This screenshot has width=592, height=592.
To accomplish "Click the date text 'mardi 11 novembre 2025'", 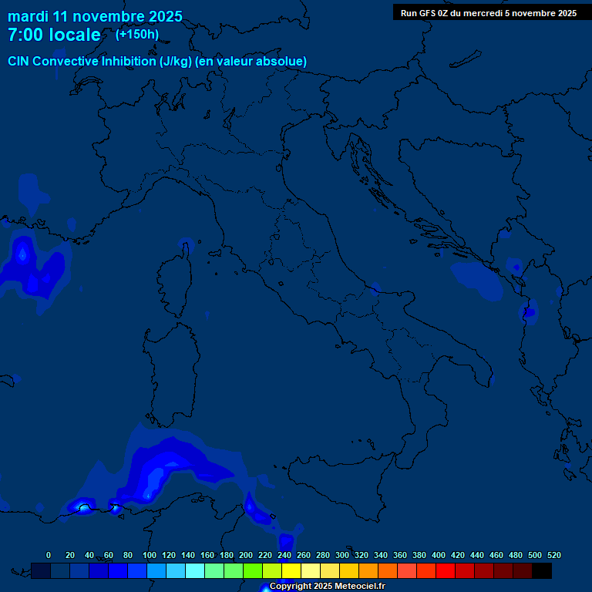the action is click(95, 16).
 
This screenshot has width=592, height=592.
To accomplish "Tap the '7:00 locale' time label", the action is click(54, 35).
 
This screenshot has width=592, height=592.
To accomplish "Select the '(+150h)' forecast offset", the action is click(137, 35).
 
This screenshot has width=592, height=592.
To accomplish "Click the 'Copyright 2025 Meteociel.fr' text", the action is click(327, 587).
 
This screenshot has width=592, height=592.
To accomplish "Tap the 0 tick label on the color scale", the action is click(49, 555).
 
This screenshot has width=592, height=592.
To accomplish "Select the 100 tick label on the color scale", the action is click(149, 555).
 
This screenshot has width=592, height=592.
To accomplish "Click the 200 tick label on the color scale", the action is click(246, 555).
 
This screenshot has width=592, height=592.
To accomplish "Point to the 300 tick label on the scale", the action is click(342, 555).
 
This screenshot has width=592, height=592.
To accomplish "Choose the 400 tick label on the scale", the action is click(439, 555).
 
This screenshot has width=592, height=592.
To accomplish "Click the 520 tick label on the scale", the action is click(553, 555).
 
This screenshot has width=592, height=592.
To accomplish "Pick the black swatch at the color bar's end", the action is click(542, 570).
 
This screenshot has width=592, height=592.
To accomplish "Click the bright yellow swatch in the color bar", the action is click(291, 570).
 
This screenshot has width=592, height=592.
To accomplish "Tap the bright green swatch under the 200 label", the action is click(253, 570).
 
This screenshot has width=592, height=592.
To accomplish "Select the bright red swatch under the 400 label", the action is click(446, 570).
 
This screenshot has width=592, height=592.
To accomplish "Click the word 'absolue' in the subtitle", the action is click(283, 61).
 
